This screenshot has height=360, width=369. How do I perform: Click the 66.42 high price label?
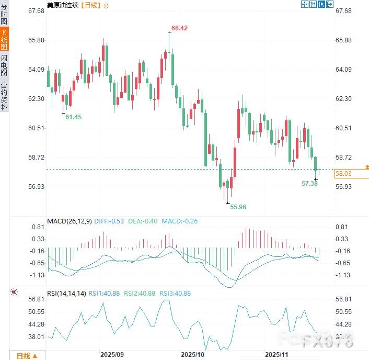[x=179, y=28]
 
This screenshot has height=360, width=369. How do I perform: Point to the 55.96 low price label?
[x=238, y=207]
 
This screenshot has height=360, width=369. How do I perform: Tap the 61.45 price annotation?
[x=73, y=117]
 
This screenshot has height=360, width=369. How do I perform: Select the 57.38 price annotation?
[x=310, y=184]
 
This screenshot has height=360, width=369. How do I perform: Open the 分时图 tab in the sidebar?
[x=4, y=16]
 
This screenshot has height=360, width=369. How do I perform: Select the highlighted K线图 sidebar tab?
[x=4, y=40]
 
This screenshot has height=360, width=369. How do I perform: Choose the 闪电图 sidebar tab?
[x=4, y=66]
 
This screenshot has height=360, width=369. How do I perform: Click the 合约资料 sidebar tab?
[x=4, y=96]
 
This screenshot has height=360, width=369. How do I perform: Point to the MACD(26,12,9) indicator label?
[x=71, y=221]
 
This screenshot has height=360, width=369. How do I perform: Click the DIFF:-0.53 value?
[x=110, y=221]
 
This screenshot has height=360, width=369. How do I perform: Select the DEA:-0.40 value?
[x=143, y=221]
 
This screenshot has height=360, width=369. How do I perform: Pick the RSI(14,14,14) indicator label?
[x=66, y=294]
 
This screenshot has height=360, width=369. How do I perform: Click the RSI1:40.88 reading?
[x=104, y=294]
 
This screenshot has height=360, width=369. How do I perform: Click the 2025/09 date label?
[x=113, y=354]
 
